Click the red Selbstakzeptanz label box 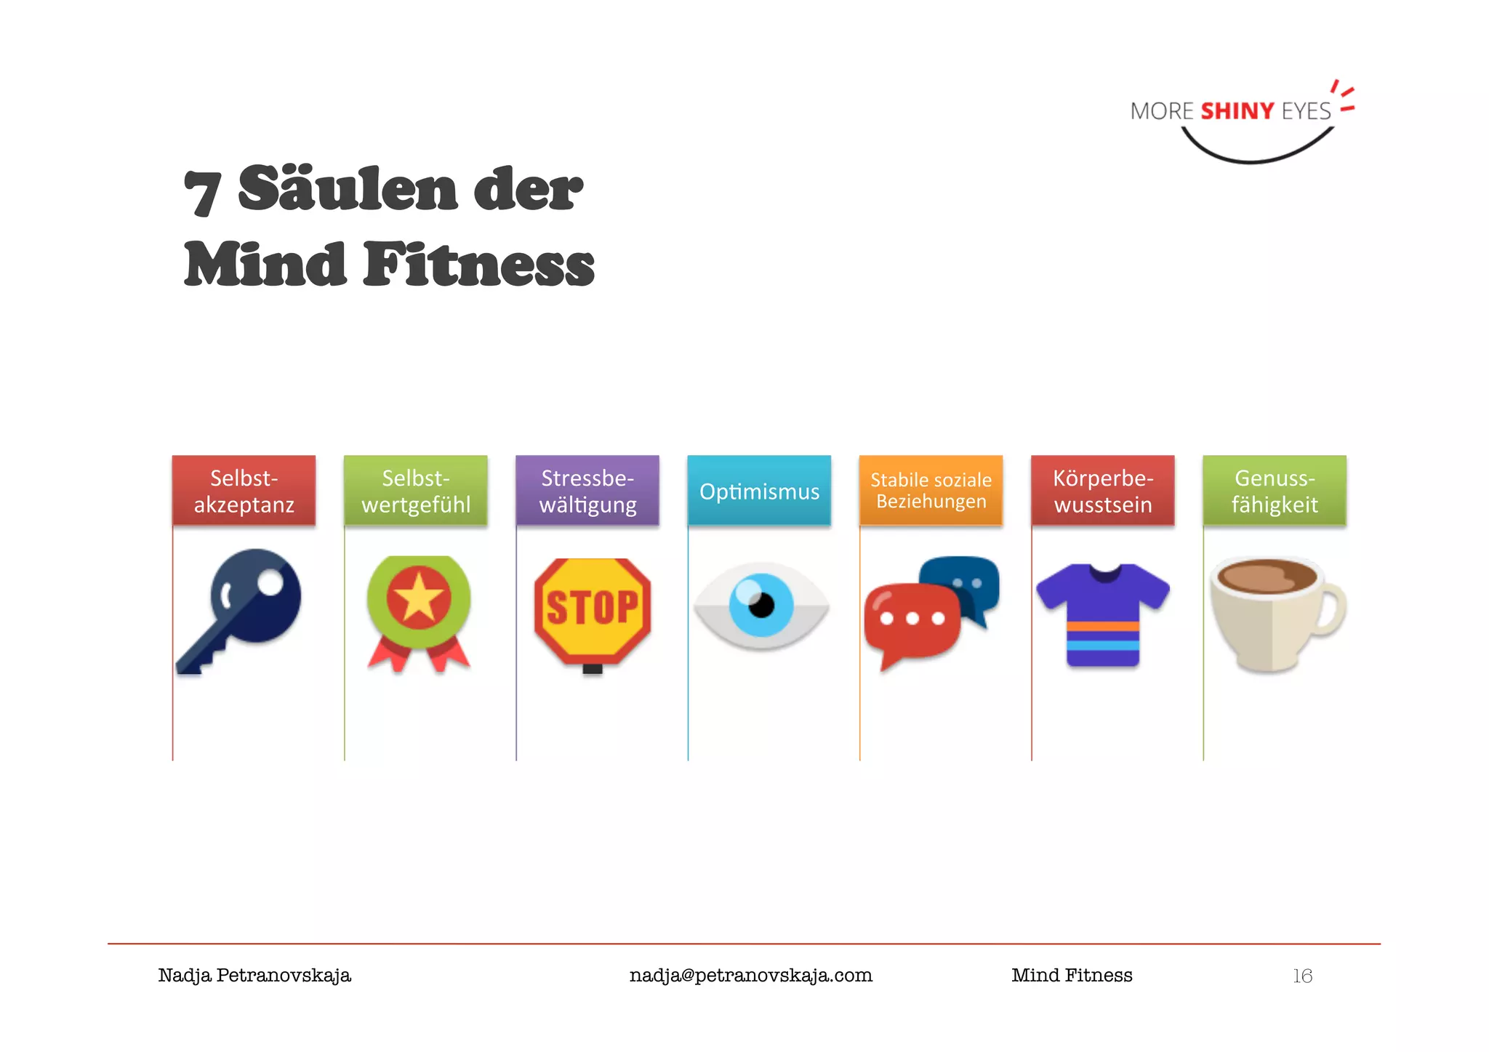244,491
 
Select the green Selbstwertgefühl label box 415,491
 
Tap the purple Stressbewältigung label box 587,491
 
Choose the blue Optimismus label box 759,491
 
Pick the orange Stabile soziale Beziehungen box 931,491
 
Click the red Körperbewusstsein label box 1103,491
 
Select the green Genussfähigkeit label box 1275,491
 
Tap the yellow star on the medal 419,598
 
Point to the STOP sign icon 592,609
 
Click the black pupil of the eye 762,605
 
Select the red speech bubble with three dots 912,619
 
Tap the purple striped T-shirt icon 1102,614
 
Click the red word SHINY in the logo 1237,111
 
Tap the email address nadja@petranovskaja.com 750,976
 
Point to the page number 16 1302,976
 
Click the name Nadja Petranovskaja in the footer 254,976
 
